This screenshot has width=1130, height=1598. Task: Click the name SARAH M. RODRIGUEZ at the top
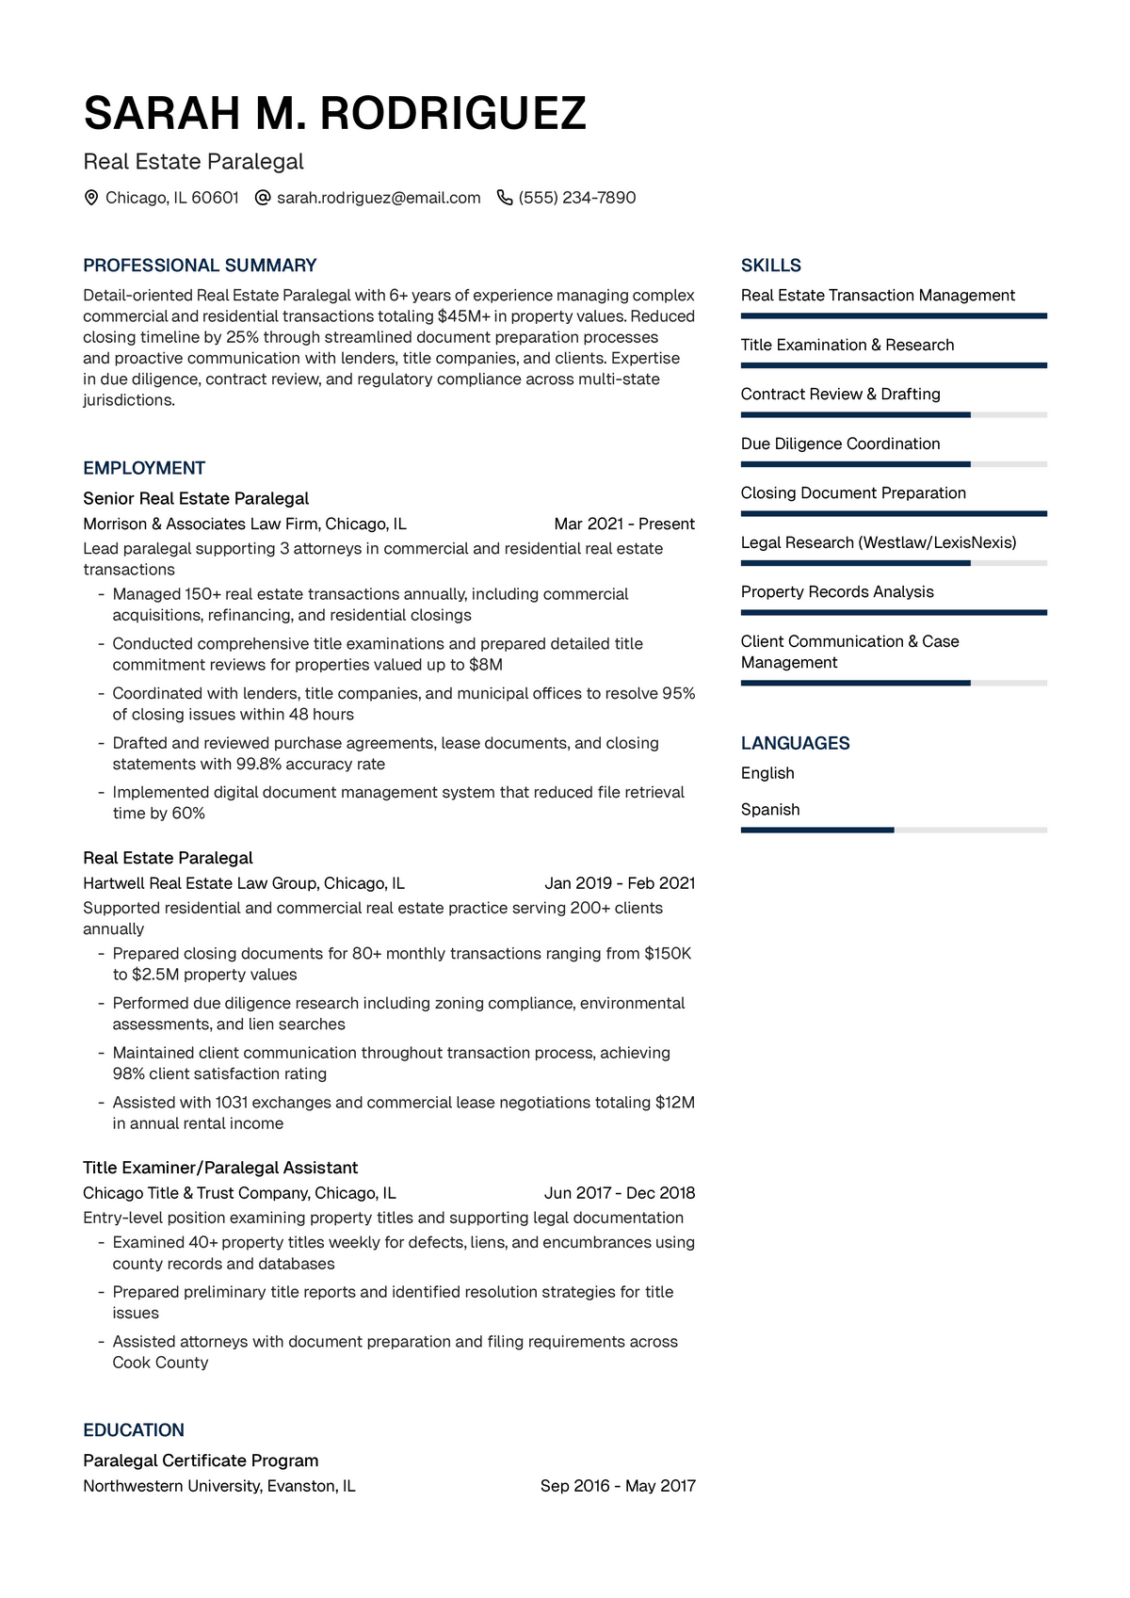tap(334, 114)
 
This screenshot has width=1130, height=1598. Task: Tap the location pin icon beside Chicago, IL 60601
tap(91, 198)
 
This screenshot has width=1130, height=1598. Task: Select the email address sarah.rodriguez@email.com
tap(379, 198)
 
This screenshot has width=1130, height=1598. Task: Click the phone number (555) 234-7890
tap(577, 198)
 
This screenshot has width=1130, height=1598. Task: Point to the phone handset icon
tap(505, 198)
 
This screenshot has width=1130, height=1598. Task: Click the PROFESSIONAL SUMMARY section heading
tap(200, 266)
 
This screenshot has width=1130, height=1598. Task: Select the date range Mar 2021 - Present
tap(624, 524)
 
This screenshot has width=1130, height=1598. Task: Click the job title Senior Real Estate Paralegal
tap(196, 498)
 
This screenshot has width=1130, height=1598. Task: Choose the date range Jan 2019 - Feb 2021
tap(620, 883)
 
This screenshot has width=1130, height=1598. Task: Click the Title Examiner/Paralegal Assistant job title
tap(220, 1168)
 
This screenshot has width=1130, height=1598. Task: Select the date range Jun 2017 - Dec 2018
tap(620, 1193)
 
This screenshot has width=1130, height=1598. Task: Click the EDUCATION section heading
tap(134, 1430)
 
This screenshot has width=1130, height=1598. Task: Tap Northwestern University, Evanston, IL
tap(219, 1486)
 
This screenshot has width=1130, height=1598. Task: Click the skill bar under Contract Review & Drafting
tap(894, 414)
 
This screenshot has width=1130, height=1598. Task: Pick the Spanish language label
tap(770, 810)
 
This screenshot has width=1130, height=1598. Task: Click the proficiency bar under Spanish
tap(894, 830)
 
